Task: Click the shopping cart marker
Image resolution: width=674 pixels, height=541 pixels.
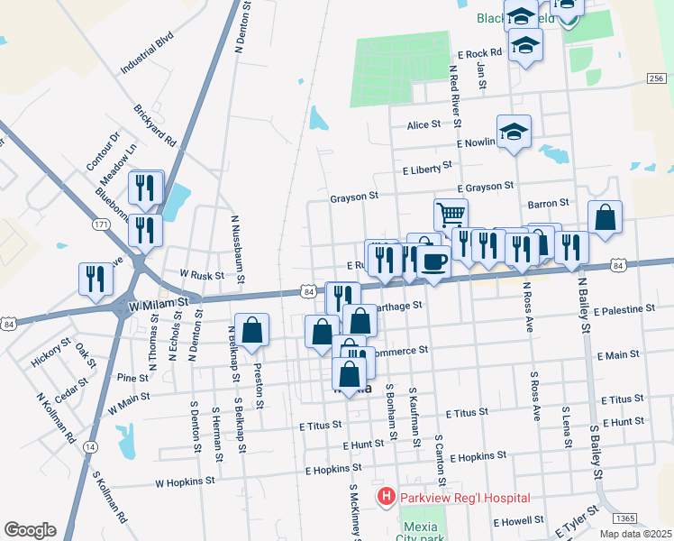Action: (x=451, y=215)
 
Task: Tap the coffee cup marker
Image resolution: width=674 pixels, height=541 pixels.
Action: (x=433, y=261)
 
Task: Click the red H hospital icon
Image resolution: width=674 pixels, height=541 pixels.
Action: (x=386, y=497)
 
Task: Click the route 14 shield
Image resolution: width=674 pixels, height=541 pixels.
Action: (x=89, y=446)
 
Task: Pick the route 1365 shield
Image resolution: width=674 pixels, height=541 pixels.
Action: (x=626, y=518)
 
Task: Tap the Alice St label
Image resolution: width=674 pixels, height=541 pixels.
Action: (x=424, y=125)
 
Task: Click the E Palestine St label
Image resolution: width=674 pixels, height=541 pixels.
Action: (x=624, y=309)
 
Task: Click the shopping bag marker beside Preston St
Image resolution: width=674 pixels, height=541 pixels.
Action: (x=252, y=330)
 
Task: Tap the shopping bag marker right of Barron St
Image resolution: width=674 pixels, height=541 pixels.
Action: (x=605, y=217)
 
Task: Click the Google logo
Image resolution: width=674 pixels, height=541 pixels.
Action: (x=30, y=529)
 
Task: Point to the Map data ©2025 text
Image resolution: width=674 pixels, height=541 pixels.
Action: (x=634, y=534)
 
